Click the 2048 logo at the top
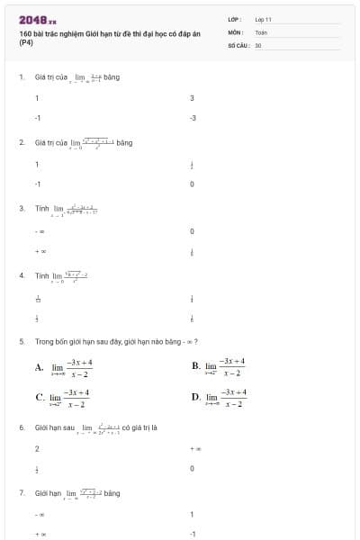(37, 20)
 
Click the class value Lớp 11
(263, 19)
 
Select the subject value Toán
(261, 31)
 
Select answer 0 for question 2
(192, 184)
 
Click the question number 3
(21, 208)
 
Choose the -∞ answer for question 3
(39, 231)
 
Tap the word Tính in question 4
(41, 275)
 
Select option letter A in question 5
(39, 367)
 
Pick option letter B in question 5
(195, 366)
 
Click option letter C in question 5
(40, 397)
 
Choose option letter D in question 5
(195, 397)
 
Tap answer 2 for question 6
(37, 447)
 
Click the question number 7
(21, 493)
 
